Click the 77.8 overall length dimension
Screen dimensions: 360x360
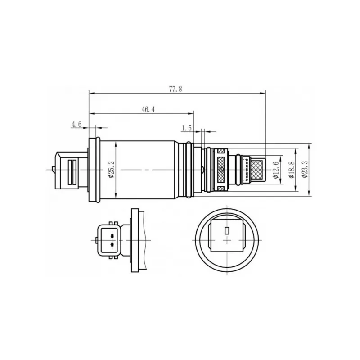(x=175, y=89)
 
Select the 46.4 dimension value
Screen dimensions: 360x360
(x=148, y=109)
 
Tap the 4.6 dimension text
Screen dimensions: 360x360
(x=76, y=124)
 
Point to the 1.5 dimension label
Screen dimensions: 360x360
(x=187, y=128)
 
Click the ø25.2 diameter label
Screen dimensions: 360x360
(x=112, y=170)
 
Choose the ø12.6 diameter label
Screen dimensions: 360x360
(x=276, y=170)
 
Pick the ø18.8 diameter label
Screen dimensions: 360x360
(x=292, y=170)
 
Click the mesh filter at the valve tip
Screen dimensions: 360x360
(x=257, y=170)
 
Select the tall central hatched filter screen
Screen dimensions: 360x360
(x=221, y=170)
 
